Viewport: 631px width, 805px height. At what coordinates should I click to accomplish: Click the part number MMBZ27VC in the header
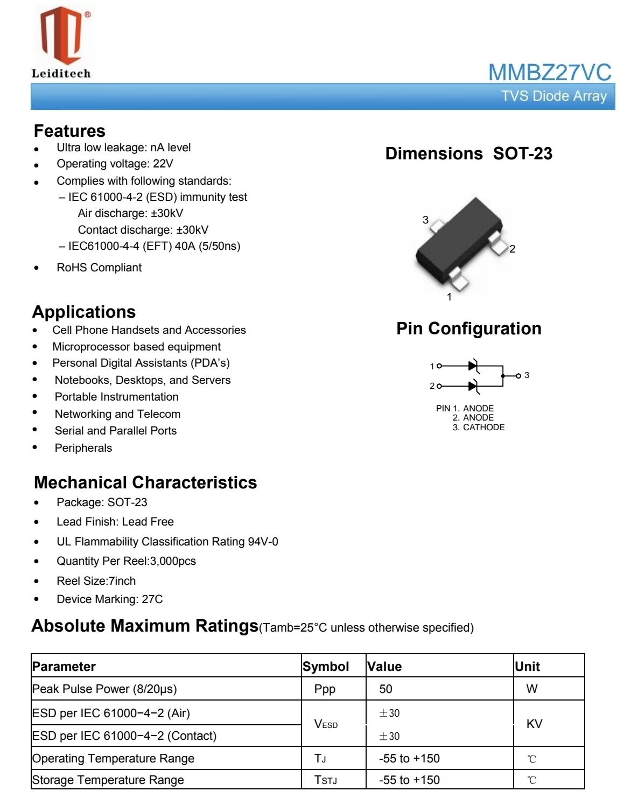[549, 73]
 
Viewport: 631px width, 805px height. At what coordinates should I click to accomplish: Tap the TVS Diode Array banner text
[553, 96]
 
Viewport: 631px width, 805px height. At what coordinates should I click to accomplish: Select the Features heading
[69, 131]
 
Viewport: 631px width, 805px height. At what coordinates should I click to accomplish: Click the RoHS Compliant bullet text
[99, 268]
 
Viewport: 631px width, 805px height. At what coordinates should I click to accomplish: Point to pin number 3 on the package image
[425, 220]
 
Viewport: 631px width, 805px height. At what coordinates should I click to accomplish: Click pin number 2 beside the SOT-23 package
[513, 249]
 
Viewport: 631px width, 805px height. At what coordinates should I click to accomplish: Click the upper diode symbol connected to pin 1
[473, 366]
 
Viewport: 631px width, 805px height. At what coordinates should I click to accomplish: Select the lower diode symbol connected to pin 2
[473, 386]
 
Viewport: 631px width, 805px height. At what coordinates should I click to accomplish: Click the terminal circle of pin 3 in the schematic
[518, 376]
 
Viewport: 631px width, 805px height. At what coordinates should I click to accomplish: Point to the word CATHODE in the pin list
[483, 428]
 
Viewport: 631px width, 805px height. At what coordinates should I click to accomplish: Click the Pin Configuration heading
[468, 328]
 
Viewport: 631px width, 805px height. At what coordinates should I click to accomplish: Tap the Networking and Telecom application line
[117, 414]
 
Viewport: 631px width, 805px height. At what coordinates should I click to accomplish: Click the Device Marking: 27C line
[109, 599]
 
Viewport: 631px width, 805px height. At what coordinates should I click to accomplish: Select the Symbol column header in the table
[326, 667]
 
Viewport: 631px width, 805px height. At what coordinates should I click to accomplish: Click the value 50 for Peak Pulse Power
[385, 689]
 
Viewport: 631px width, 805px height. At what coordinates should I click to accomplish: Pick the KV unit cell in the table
[534, 724]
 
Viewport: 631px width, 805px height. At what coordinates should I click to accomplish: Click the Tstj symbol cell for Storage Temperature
[326, 780]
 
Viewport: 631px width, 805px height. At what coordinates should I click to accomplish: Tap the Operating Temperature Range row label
[113, 759]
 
